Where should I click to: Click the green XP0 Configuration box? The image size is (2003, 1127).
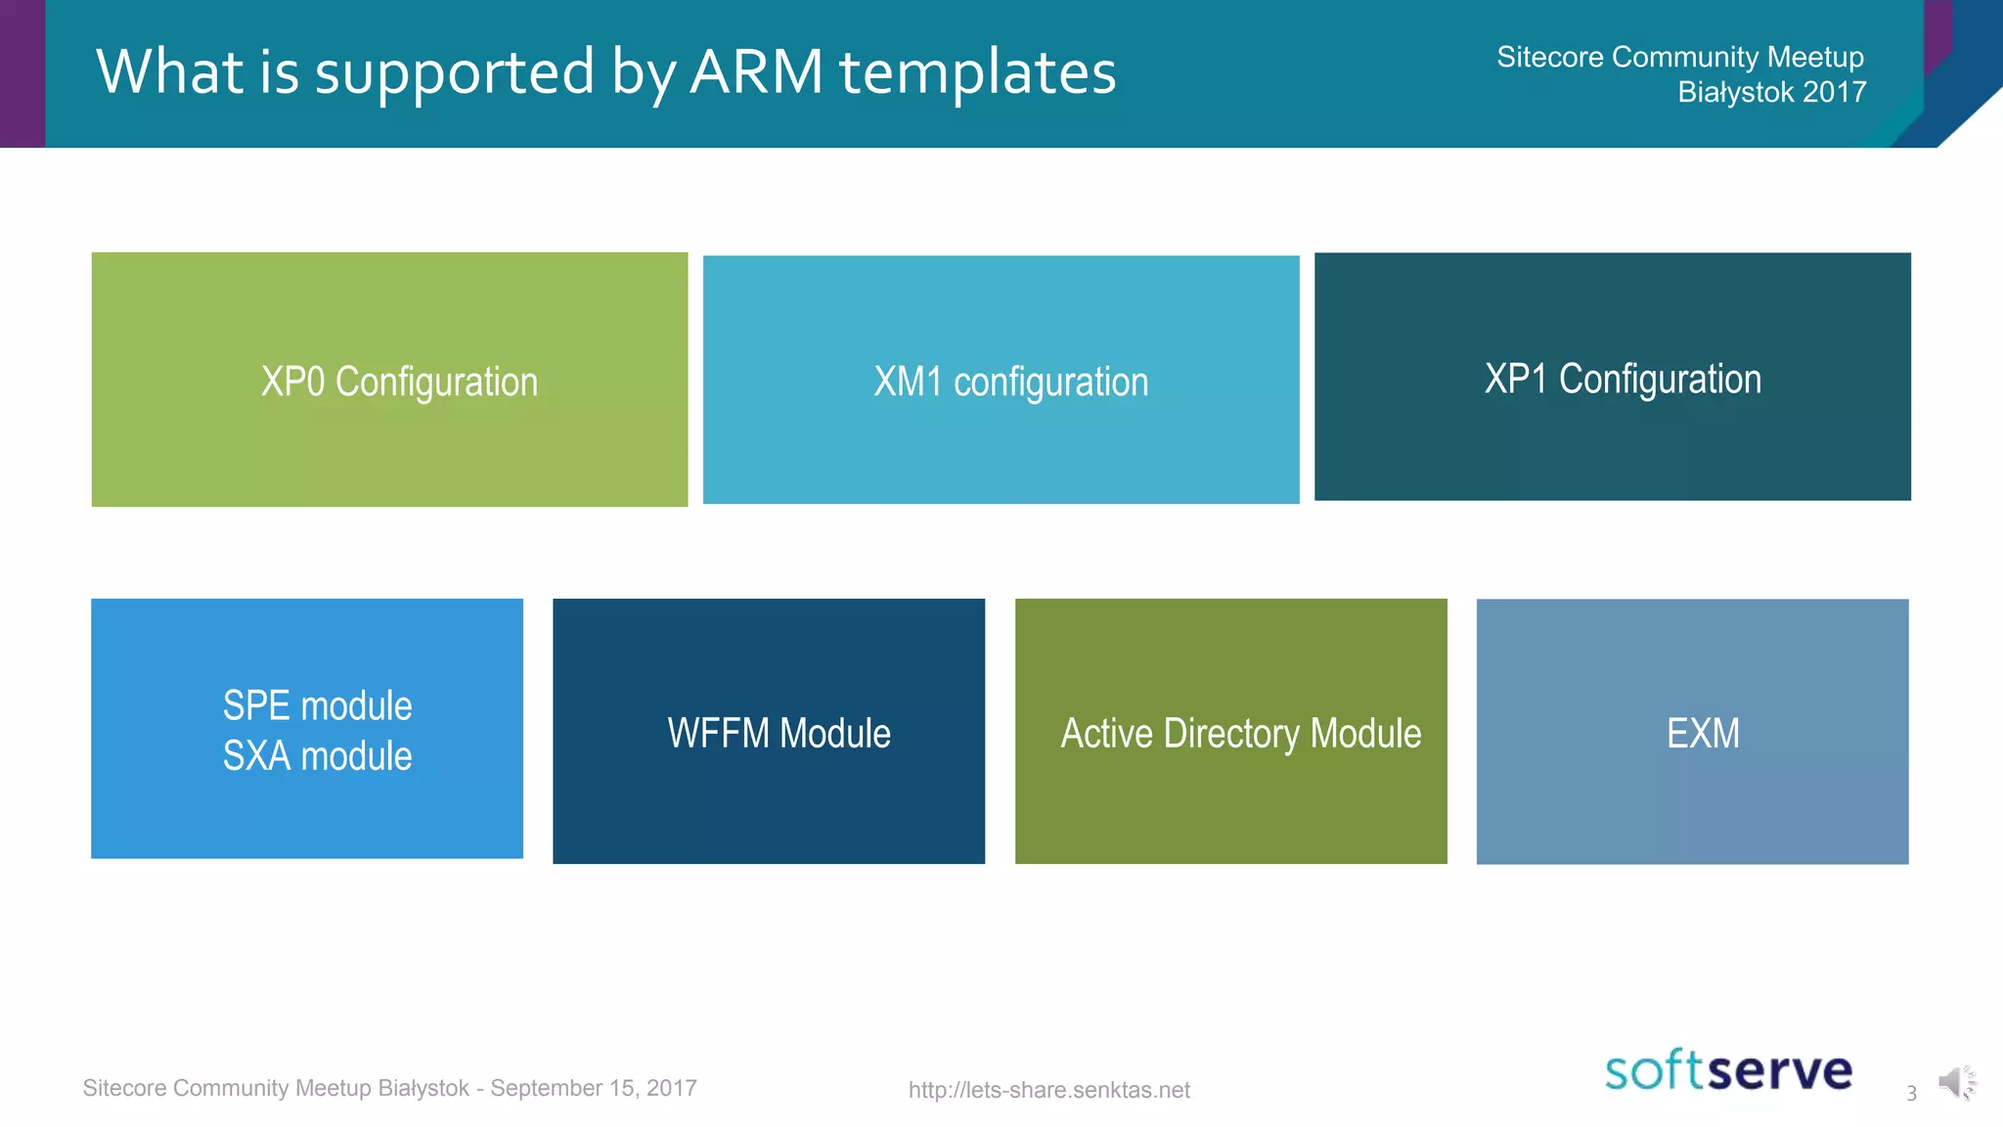(389, 380)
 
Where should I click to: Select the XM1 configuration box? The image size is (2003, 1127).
(1001, 380)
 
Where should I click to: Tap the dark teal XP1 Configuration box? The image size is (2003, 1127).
(1612, 377)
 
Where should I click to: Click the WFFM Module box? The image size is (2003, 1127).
(769, 731)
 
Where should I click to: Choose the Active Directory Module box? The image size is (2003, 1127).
(1230, 731)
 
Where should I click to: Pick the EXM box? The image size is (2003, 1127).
(1692, 731)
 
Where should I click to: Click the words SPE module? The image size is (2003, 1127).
(317, 705)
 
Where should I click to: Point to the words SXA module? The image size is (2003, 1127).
(317, 756)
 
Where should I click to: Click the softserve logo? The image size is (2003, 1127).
(1728, 1070)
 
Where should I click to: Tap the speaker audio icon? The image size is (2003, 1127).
(1955, 1082)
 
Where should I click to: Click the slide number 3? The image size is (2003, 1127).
(1911, 1094)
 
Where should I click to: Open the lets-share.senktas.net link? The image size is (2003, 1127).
(1048, 1090)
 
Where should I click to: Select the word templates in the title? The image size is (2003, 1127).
(977, 73)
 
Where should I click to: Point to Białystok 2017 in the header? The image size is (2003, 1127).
(1771, 92)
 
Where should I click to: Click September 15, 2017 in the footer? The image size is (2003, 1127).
(593, 1088)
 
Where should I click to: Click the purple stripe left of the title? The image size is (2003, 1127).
(22, 73)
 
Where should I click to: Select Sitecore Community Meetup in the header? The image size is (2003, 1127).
(1679, 57)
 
